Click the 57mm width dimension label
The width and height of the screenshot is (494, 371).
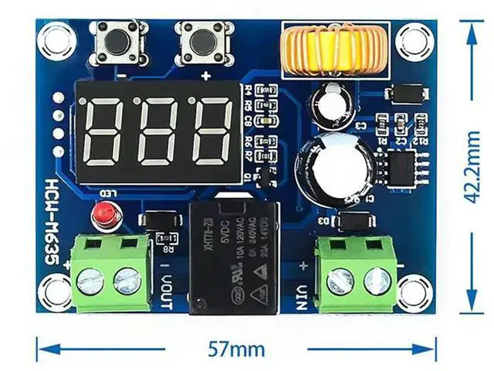[235, 348]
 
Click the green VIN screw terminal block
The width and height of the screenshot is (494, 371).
[356, 270]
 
